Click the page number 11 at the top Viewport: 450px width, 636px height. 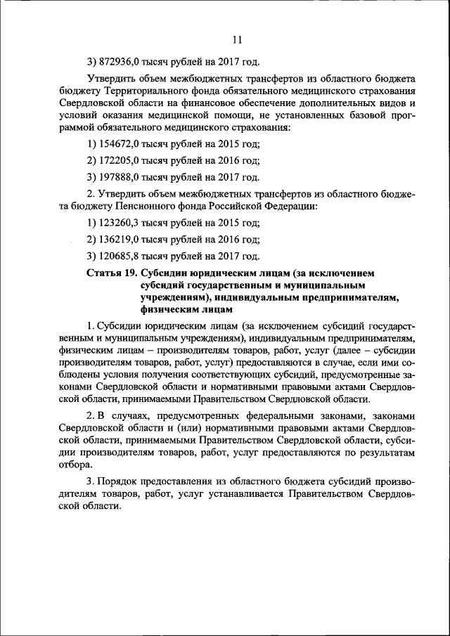click(237, 39)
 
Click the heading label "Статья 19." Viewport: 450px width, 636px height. click(111, 273)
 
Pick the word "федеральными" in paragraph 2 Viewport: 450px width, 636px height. click(315, 415)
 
